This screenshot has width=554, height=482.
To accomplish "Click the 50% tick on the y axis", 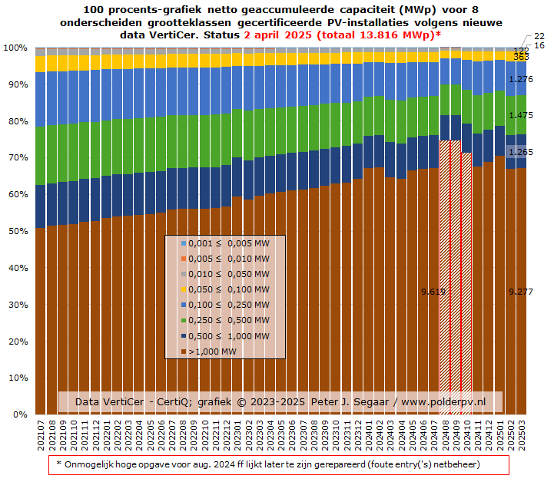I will pyautogui.click(x=15, y=231).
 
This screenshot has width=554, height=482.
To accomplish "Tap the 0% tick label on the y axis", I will pyautogui.click(x=18, y=414).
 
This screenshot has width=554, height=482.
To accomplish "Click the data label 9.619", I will pyautogui.click(x=434, y=292).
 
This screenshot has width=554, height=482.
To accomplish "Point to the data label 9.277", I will pyautogui.click(x=521, y=292).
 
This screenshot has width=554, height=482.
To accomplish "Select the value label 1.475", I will pyautogui.click(x=521, y=115).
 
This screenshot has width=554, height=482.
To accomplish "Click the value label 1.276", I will pyautogui.click(x=521, y=79).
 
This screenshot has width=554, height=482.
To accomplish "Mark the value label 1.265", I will pyautogui.click(x=521, y=152).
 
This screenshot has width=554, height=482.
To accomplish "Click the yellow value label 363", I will pyautogui.click(x=521, y=57).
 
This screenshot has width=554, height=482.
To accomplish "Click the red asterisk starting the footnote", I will pyautogui.click(x=59, y=464).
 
